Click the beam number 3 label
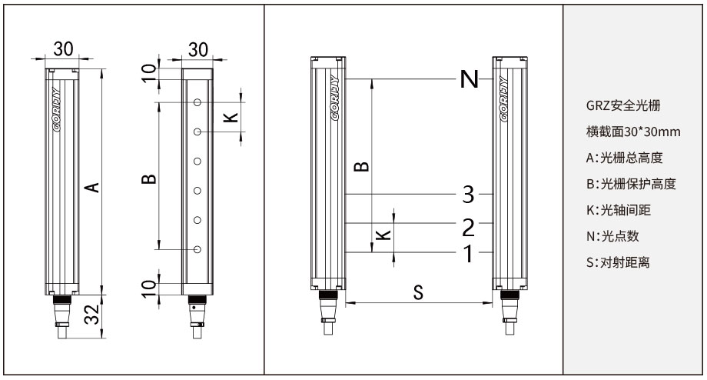click(469, 195)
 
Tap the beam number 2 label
click(469, 228)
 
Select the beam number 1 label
click(469, 254)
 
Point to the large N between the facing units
click(469, 79)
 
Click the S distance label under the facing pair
click(418, 292)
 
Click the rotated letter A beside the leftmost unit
click(92, 187)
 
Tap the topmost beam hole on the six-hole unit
click(197, 102)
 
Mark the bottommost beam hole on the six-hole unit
click(197, 249)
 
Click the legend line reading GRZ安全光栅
click(622, 105)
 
